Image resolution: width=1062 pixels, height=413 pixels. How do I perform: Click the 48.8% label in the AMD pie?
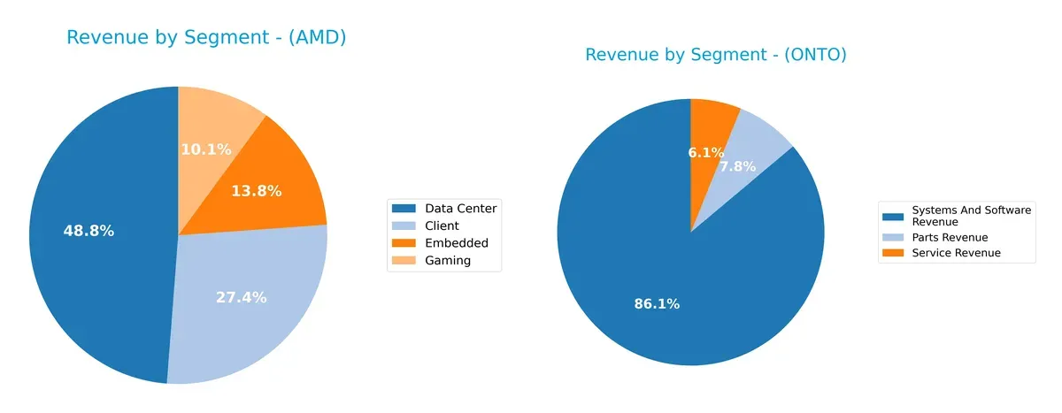[88, 231]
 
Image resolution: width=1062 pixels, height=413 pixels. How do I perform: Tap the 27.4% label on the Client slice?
[241, 298]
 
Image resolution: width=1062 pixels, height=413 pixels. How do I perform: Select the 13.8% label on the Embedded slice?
[256, 191]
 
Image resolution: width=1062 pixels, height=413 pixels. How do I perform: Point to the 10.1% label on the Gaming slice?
[205, 149]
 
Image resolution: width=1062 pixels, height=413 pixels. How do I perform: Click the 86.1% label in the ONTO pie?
[657, 304]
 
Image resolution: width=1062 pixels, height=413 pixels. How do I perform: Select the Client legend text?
[442, 226]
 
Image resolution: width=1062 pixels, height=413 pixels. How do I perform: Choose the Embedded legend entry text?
[456, 243]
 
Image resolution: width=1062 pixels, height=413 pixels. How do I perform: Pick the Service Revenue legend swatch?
[894, 253]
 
